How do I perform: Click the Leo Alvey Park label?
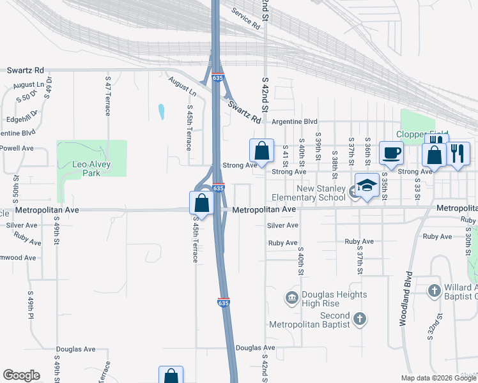(91, 169)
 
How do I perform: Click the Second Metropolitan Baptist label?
(327, 320)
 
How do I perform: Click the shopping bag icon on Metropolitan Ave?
(201, 203)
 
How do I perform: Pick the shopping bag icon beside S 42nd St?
(262, 151)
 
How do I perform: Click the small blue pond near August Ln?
(161, 112)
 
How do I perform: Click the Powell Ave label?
(17, 148)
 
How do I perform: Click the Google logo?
(21, 375)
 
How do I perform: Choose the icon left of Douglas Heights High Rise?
(292, 297)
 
